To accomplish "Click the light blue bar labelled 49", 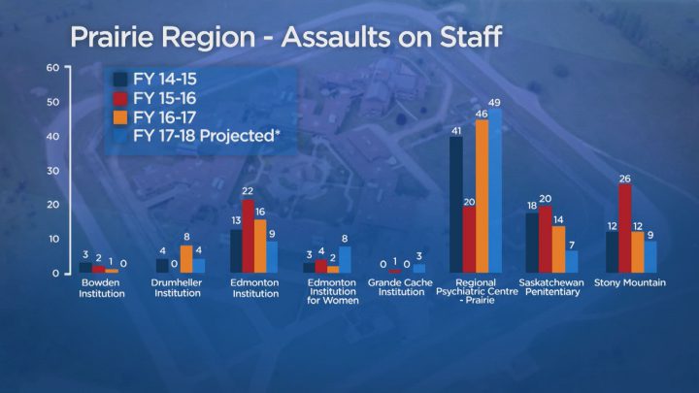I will click(x=495, y=191).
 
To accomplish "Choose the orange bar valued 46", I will click(x=482, y=196).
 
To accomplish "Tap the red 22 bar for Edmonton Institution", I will click(x=249, y=236).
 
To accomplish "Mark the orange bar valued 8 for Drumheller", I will click(x=186, y=259).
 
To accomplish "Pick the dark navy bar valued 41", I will click(x=455, y=205).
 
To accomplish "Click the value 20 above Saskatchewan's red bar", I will click(x=545, y=198).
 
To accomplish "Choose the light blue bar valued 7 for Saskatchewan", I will click(x=572, y=261).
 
